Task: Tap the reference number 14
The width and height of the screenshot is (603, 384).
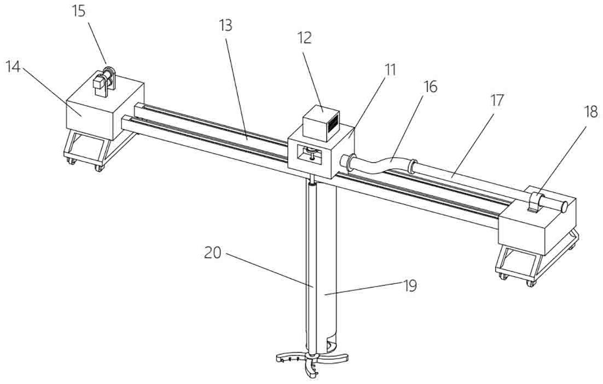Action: click(x=13, y=66)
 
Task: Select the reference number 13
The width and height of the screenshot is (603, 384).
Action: click(x=226, y=25)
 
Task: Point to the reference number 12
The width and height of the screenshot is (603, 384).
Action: click(x=304, y=38)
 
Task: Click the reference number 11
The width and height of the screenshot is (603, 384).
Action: click(x=390, y=70)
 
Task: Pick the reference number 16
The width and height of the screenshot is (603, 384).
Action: click(x=430, y=87)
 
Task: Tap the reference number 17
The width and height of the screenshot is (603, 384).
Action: click(x=496, y=100)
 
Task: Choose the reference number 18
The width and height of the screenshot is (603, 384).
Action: click(x=591, y=112)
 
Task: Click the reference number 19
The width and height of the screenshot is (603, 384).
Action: click(x=410, y=285)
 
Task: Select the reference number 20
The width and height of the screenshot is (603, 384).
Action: click(x=213, y=253)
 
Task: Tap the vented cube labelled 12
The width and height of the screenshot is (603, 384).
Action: click(x=321, y=122)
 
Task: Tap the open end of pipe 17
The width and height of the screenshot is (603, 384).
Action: click(x=565, y=207)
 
